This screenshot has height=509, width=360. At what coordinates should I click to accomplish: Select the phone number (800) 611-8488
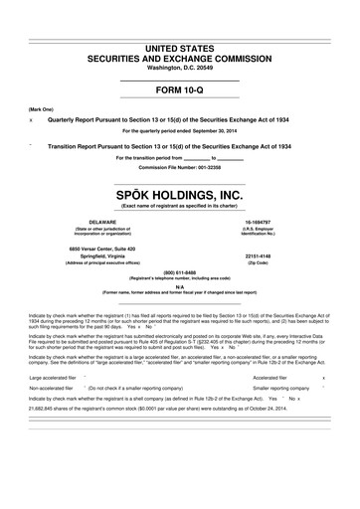click(x=179, y=271)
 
